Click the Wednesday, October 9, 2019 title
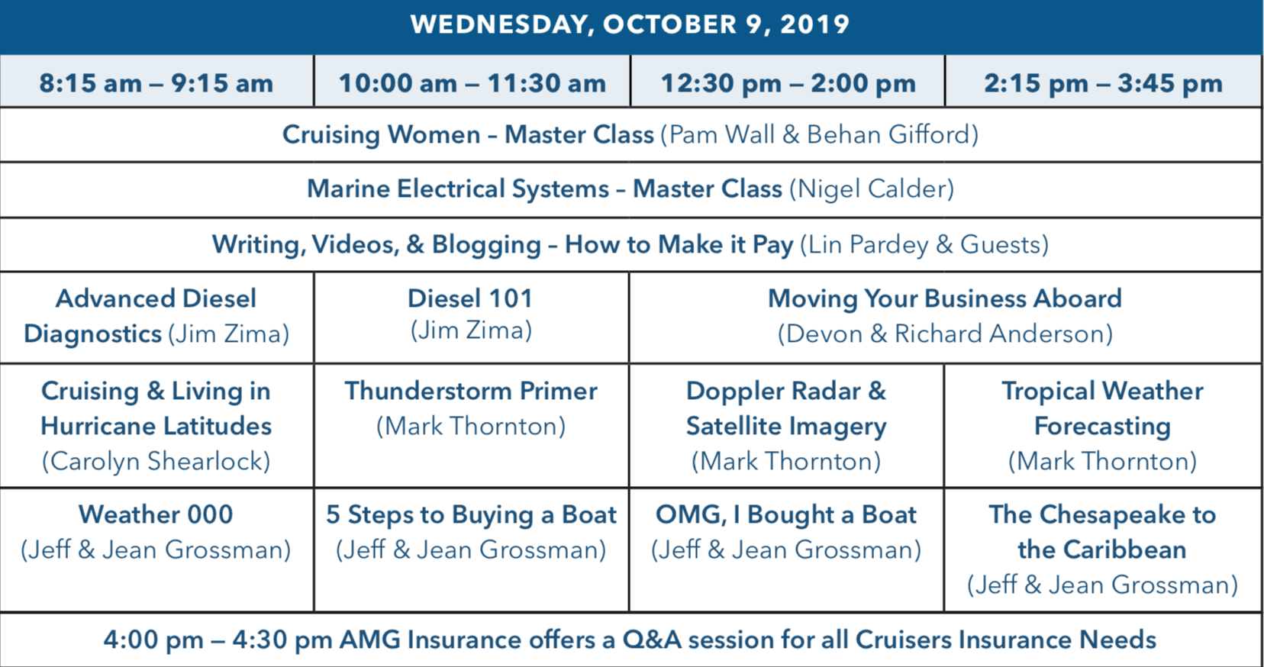pyautogui.click(x=630, y=24)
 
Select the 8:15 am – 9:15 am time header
pyautogui.click(x=156, y=82)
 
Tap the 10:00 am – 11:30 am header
pyautogui.click(x=472, y=82)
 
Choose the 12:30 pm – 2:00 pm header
pyautogui.click(x=787, y=82)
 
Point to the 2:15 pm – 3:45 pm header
pyautogui.click(x=1103, y=82)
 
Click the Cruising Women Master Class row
pyautogui.click(x=630, y=135)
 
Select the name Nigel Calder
pyautogui.click(x=871, y=189)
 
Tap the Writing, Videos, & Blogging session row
pyautogui.click(x=630, y=245)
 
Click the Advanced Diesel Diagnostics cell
pyautogui.click(x=156, y=316)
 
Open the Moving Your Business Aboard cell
pyautogui.click(x=945, y=316)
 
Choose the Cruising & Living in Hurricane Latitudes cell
pyautogui.click(x=156, y=426)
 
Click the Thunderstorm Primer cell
pyautogui.click(x=471, y=408)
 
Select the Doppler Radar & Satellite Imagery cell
pyautogui.click(x=786, y=426)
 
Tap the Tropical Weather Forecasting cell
pyautogui.click(x=1102, y=426)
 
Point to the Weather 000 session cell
pyautogui.click(x=156, y=532)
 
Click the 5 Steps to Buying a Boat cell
pyautogui.click(x=471, y=532)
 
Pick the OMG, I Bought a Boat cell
pyautogui.click(x=786, y=532)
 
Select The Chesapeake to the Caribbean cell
pyautogui.click(x=1102, y=549)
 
